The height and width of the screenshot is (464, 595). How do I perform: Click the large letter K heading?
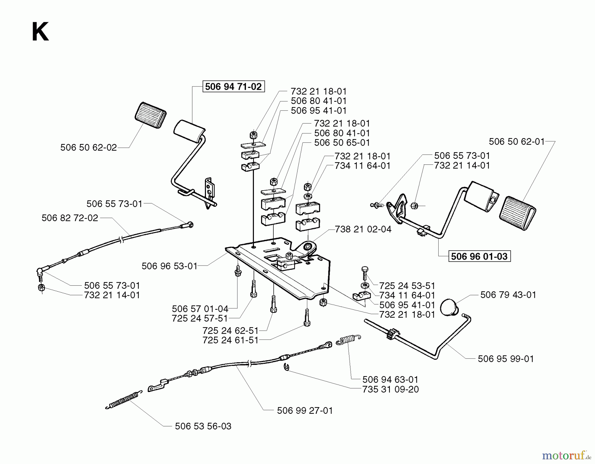tap(40, 32)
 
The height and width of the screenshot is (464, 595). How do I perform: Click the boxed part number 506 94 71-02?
tap(233, 87)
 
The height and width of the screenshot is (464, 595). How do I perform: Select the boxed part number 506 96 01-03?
tap(479, 256)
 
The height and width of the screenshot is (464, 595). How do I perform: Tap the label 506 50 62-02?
tap(89, 148)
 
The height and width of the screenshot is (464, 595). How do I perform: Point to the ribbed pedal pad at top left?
tap(151, 115)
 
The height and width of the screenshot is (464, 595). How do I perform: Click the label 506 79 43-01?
tap(508, 295)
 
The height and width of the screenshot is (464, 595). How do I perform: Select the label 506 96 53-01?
tap(170, 266)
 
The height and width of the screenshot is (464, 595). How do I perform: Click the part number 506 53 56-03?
tap(203, 426)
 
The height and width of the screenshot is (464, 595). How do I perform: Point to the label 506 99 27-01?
tap(305, 410)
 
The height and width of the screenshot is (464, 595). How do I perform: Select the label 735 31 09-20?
tap(390, 389)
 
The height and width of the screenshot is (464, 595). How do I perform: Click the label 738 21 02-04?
tap(363, 229)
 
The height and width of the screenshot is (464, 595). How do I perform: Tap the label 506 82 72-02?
tap(70, 218)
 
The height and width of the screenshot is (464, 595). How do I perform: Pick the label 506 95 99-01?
tap(506, 359)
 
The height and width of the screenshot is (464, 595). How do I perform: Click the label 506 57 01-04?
tap(200, 309)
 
